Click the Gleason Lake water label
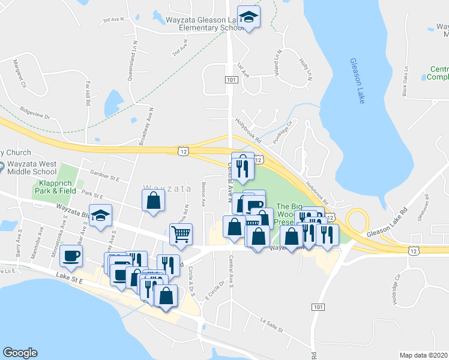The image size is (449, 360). coord(357,81)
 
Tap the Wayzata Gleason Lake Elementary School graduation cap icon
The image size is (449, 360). coord(247,17)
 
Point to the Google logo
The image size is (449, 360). coord(20,352)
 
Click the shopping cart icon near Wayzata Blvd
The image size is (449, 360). coord(181,233)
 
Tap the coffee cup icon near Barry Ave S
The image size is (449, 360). coord(71,256)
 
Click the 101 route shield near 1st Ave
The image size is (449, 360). coord(232,79)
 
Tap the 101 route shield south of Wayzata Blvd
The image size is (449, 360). coord(318,307)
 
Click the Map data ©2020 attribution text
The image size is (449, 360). coord(424,355)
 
